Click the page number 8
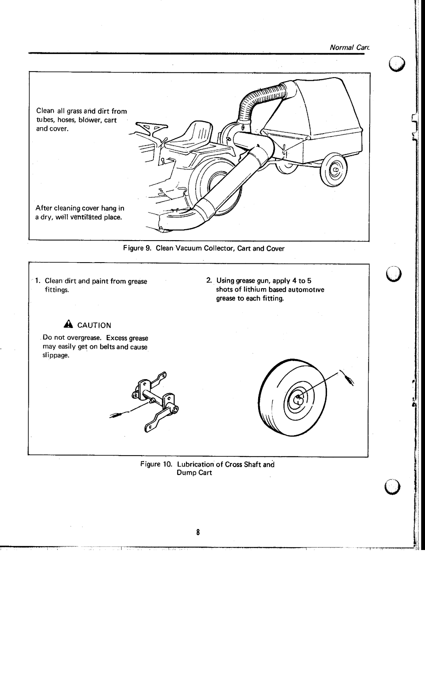pos(199,533)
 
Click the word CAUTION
pos(94,326)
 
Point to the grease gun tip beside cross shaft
pos(116,415)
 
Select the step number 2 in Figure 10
pos(208,281)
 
